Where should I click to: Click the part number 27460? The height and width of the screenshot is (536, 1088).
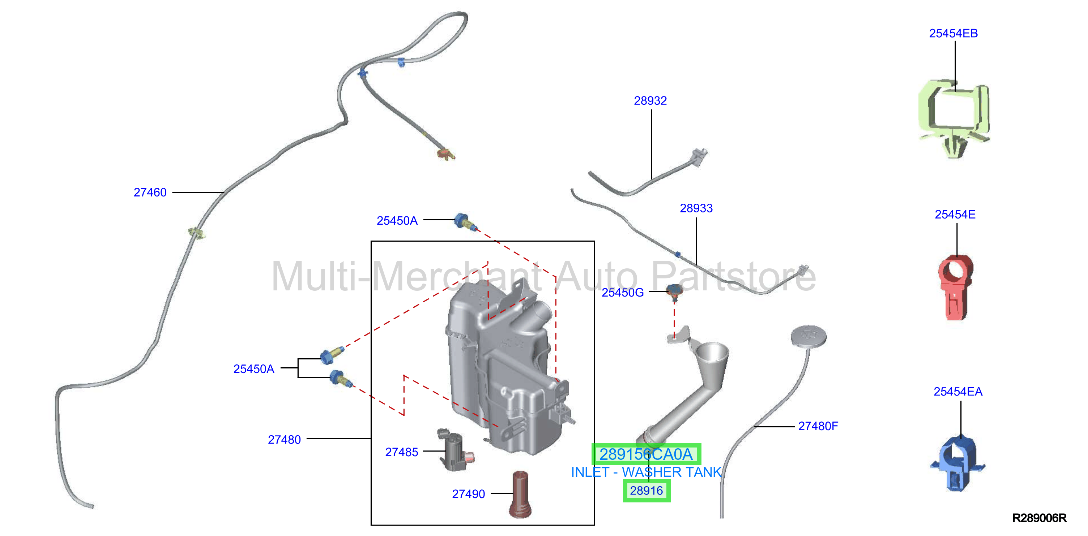[150, 193]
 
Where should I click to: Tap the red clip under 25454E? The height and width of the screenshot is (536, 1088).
[955, 288]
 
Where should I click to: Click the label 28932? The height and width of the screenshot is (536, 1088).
[650, 101]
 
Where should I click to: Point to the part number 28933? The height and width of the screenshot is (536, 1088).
[696, 208]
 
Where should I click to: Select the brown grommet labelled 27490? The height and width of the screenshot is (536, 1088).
[521, 494]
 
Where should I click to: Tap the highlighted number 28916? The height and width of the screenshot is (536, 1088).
[646, 491]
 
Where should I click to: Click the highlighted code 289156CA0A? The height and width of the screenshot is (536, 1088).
[646, 454]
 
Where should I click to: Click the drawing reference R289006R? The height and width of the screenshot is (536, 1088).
[1039, 518]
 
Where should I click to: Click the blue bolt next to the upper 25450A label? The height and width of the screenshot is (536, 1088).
[465, 222]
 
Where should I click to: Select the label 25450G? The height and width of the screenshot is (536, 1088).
[623, 293]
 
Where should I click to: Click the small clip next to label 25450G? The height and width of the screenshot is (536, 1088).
[674, 293]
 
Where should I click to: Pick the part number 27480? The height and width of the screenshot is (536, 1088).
[284, 440]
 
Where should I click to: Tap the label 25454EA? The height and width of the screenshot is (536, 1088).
[958, 392]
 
